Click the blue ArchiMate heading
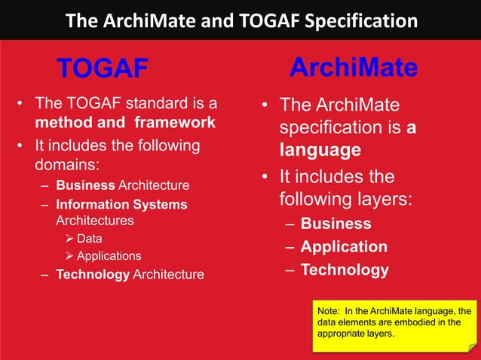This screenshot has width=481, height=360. coord(354,68)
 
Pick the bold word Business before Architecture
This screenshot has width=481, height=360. coord(85,185)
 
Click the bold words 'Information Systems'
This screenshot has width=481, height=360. coord(121,204)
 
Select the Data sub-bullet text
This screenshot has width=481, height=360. coord(90,239)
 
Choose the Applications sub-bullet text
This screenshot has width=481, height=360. coord(109,256)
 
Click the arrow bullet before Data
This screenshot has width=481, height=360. coord(68,239)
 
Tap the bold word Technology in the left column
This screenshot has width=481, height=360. coord(93,274)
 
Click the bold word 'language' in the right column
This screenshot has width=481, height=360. coord(320,150)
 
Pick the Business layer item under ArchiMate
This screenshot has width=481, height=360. coord(335,224)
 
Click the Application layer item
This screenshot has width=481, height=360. coord(344,246)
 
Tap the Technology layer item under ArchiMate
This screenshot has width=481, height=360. coord(345,270)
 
